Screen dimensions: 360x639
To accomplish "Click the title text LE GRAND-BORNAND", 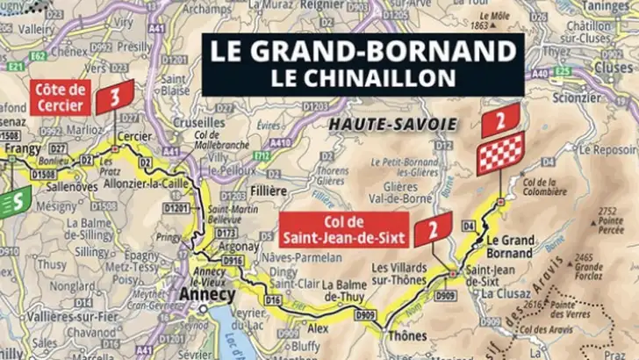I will [363, 51].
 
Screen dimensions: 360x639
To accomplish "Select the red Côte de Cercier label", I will [61, 98].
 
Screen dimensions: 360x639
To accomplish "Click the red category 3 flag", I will [115, 97].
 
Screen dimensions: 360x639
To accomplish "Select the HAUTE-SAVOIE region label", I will [392, 126].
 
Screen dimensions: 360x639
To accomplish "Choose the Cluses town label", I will [612, 67].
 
